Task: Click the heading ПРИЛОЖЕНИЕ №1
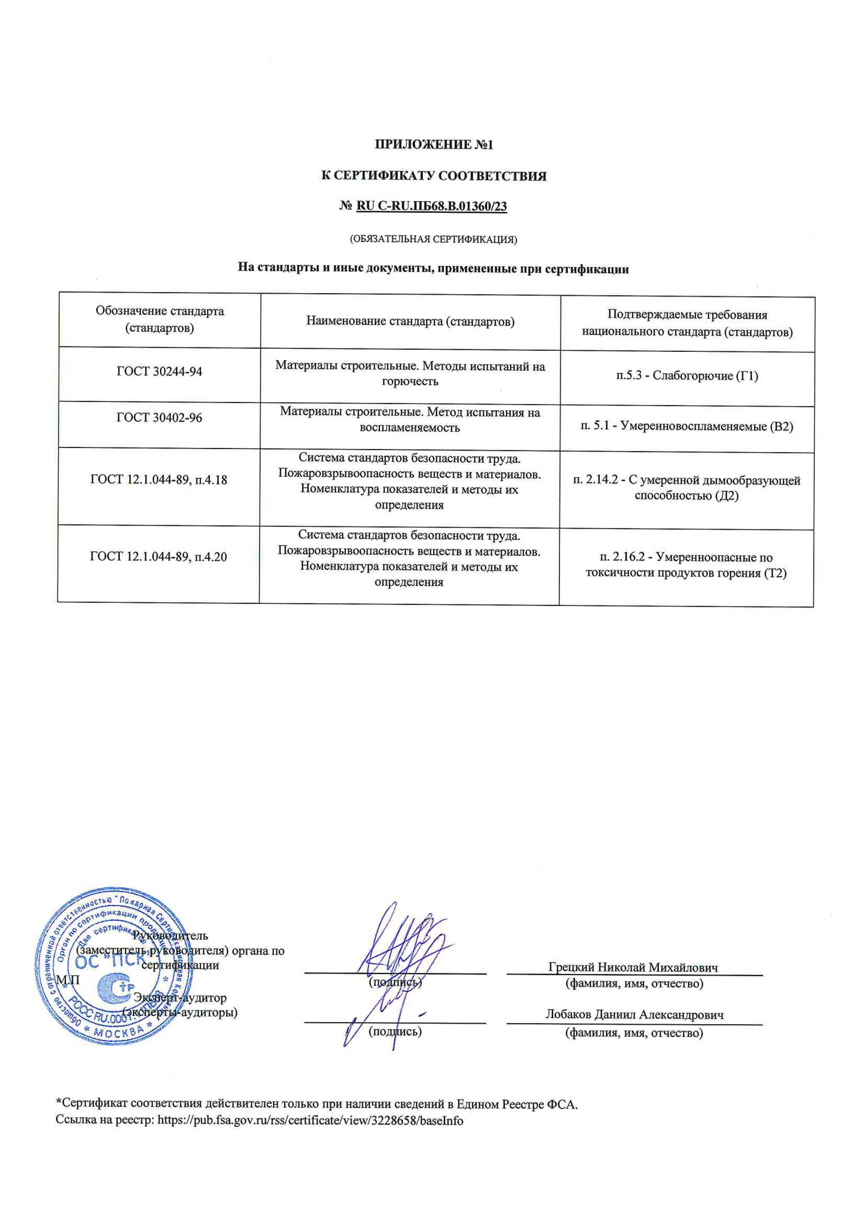[434, 144]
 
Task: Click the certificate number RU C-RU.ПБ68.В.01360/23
[431, 206]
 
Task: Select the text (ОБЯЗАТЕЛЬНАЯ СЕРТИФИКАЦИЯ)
[433, 239]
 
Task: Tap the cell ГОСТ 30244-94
[159, 371]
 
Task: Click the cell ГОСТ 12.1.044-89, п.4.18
[159, 480]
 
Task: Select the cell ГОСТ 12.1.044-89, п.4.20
[158, 557]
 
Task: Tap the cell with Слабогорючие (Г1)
[687, 376]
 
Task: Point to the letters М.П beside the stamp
[68, 980]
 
